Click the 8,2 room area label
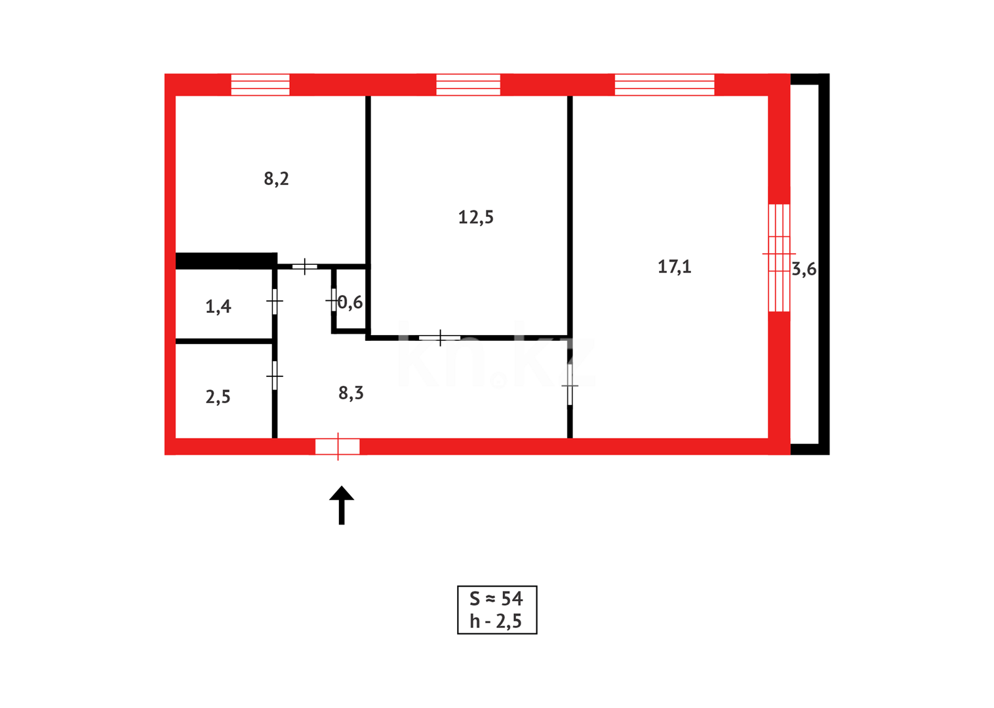[276, 179]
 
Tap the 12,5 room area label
[475, 217]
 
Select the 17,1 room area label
[674, 267]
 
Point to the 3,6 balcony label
[804, 269]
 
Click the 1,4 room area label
[218, 306]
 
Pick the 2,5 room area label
[218, 397]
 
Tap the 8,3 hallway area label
[351, 393]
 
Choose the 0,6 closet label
[350, 302]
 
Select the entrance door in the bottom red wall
[338, 446]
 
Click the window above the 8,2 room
[260, 85]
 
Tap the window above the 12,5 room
[468, 85]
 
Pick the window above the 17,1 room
[664, 85]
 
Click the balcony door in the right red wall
[779, 257]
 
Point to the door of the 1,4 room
[274, 302]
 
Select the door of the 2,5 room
[274, 376]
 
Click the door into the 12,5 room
[440, 338]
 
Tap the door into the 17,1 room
[570, 385]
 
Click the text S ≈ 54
[496, 599]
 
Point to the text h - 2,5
[496, 621]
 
